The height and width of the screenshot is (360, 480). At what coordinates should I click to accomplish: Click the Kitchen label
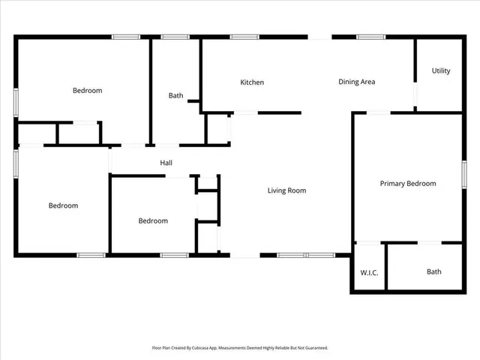point(251,82)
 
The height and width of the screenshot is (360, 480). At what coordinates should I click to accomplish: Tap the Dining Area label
point(356,82)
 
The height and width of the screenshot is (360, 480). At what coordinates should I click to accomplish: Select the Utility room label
point(441,71)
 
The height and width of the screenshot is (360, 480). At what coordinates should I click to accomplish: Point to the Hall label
point(166,163)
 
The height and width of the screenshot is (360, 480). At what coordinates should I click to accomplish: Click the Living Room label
point(286,190)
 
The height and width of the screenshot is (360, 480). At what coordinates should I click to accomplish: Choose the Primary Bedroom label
point(407,184)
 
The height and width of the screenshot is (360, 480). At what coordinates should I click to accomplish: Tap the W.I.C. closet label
point(368,272)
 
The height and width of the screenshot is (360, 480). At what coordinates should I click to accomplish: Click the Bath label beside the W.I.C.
point(434,272)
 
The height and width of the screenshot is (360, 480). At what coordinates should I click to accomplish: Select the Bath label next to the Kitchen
point(175,95)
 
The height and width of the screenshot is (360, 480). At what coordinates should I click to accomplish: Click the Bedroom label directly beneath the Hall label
point(153,221)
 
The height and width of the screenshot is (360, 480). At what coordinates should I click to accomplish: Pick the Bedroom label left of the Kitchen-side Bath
point(87,91)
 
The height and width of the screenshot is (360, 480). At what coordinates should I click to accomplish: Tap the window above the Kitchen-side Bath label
point(175,36)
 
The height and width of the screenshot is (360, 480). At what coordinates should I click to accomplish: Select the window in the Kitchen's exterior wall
point(244,36)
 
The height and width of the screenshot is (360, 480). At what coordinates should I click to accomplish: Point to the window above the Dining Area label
point(370,36)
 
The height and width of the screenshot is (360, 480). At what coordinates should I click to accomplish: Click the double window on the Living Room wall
point(306,255)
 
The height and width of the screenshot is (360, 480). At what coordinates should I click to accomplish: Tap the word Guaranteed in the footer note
point(314,348)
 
